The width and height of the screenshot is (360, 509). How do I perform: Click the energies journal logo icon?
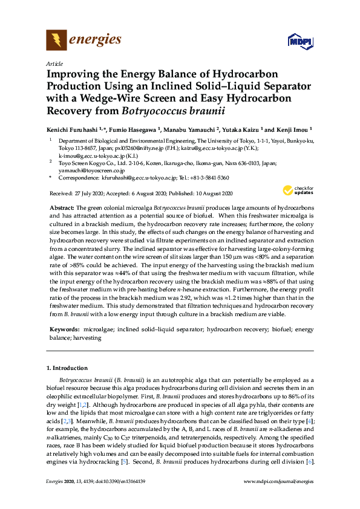[56, 41]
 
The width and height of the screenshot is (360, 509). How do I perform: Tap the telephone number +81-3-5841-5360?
[208, 178]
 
